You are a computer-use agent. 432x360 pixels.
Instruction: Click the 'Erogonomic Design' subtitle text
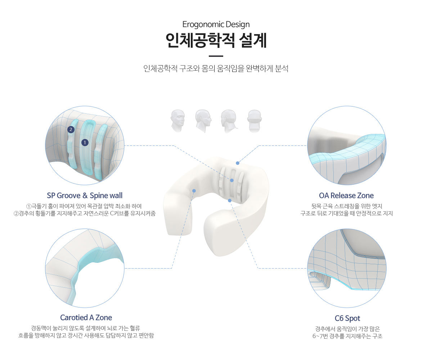pos(216,24)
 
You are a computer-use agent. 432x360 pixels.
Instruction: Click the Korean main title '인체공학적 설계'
pos(216,41)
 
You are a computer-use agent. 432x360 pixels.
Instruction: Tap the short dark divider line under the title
pos(216,56)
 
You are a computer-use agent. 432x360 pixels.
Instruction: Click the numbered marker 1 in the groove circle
pos(85,143)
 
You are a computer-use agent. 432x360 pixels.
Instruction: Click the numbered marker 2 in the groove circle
pos(71,130)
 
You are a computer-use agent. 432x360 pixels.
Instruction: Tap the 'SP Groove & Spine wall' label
pos(85,195)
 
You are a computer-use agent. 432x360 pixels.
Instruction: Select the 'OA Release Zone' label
pos(346,195)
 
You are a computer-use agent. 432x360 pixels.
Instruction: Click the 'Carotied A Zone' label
pos(86,318)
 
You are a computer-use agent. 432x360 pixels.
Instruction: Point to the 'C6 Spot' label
pos(347,318)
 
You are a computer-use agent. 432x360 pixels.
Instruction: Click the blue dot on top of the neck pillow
pos(238,163)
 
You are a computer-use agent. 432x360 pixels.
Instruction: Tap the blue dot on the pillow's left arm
pos(194,191)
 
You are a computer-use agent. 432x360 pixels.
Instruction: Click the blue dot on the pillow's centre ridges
pos(232,180)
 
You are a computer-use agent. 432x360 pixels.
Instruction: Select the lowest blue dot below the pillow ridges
pos(229,201)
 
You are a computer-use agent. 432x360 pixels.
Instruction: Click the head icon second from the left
pos(203,121)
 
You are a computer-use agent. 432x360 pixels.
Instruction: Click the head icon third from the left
pos(229,121)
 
